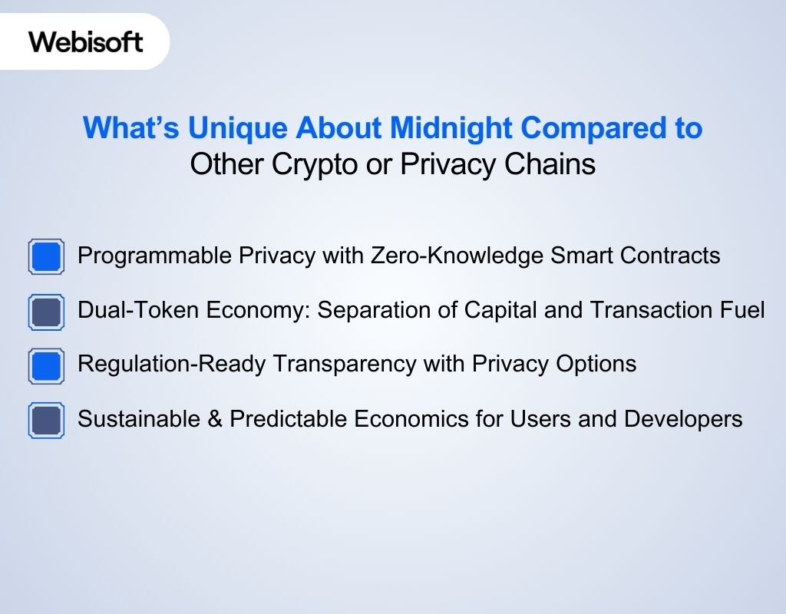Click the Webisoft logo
click(x=86, y=41)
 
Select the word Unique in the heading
click(x=235, y=128)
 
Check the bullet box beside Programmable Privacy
click(x=46, y=256)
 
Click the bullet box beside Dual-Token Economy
click(x=46, y=312)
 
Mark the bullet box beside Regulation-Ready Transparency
click(x=46, y=365)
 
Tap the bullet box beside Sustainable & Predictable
click(x=46, y=421)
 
